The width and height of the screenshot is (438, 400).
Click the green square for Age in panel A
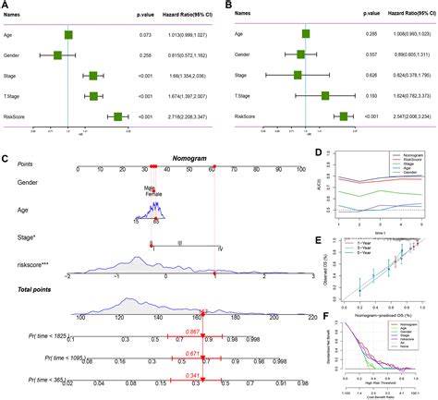point(68,35)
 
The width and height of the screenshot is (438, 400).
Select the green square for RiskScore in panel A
point(117,116)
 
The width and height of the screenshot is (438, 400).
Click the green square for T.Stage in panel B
point(325,96)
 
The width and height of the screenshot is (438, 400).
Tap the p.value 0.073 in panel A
point(133,35)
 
